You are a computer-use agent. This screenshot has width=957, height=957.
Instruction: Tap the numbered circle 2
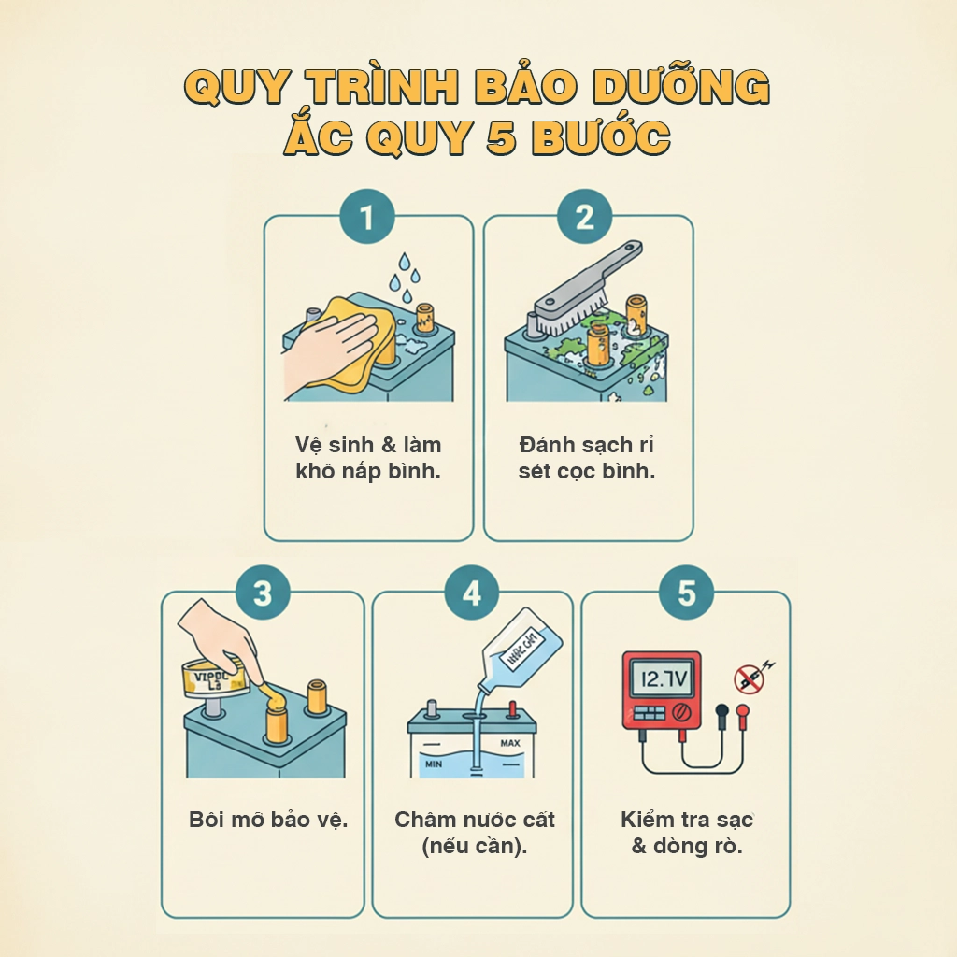pos(585,218)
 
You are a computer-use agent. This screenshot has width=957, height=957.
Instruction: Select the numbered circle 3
pos(263,593)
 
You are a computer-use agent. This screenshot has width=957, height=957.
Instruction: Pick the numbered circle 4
pos(472,593)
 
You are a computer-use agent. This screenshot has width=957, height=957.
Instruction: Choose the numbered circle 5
pos(687,593)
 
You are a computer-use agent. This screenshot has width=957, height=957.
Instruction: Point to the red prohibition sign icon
pos(749,678)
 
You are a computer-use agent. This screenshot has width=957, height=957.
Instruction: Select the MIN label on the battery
pos(432,764)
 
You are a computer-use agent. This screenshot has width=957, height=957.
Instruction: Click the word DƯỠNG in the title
pos(683,87)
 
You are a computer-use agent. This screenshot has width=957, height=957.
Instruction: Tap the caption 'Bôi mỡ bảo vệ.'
pos(268,821)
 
